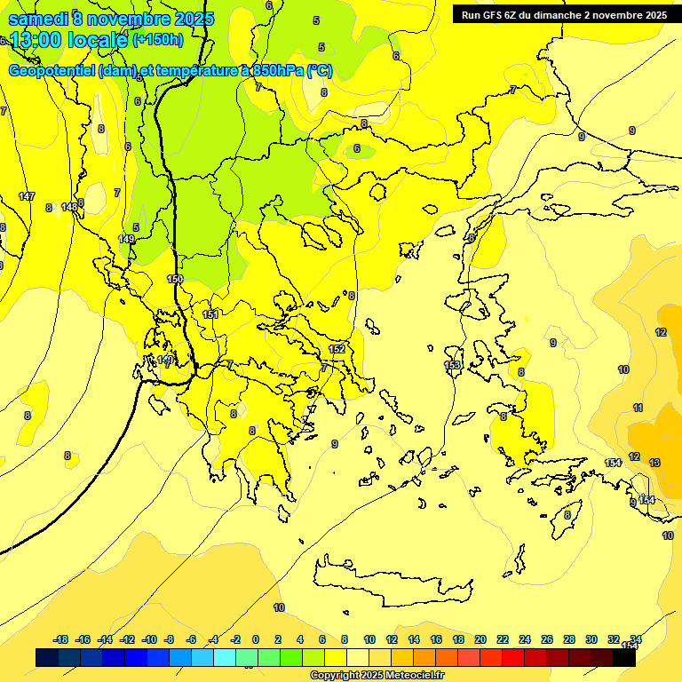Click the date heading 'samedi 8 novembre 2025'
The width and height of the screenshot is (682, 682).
pyautogui.click(x=110, y=19)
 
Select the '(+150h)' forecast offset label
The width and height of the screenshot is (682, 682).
pyautogui.click(x=158, y=39)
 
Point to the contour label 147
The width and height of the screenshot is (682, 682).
pyautogui.click(x=27, y=196)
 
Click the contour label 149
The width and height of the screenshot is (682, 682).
pyautogui.click(x=126, y=239)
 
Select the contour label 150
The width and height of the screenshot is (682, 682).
pyautogui.click(x=175, y=279)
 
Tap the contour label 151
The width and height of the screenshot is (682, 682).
pyautogui.click(x=210, y=314)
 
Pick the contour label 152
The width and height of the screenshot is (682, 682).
pyautogui.click(x=337, y=349)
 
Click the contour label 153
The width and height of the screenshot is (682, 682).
pyautogui.click(x=452, y=365)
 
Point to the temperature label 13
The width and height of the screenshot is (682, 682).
pyautogui.click(x=654, y=463)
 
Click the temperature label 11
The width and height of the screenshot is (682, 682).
pyautogui.click(x=638, y=408)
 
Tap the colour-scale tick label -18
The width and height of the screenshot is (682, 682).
pyautogui.click(x=61, y=639)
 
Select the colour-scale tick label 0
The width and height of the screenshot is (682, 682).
pyautogui.click(x=255, y=639)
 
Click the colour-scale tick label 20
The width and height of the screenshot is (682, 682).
pyautogui.click(x=480, y=639)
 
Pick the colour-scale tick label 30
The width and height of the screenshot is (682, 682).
pyautogui.click(x=591, y=639)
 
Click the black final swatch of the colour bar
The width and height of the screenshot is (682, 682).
pyautogui.click(x=624, y=657)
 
